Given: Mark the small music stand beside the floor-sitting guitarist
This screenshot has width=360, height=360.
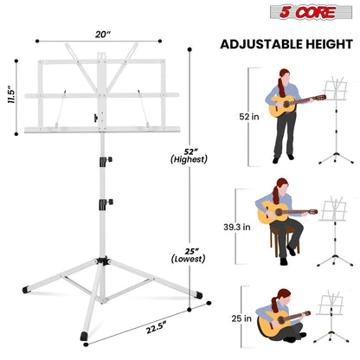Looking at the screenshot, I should tap(332, 322).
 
